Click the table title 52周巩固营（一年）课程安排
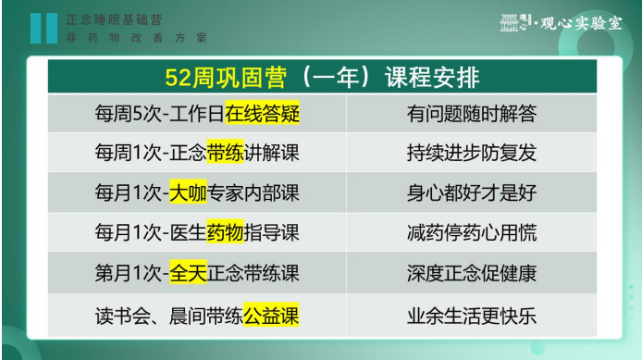click(x=320, y=76)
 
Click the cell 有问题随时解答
click(x=471, y=115)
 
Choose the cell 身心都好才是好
click(x=471, y=194)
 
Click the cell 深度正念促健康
click(x=471, y=274)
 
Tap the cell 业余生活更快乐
click(x=471, y=315)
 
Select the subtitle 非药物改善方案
click(x=137, y=38)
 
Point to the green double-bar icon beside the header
click(x=43, y=28)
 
